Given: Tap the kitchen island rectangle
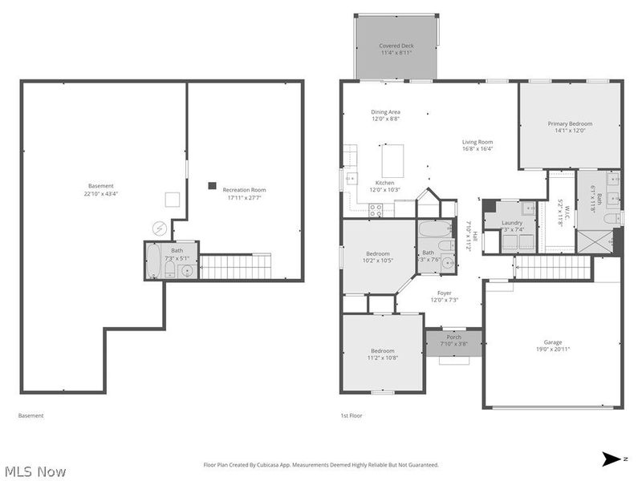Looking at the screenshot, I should tap(392, 160).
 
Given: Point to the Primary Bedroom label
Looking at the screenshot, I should tap(570, 123).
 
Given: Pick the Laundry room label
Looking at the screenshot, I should tap(512, 223).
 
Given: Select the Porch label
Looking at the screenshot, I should tap(453, 338).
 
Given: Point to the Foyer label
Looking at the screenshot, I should tap(444, 293).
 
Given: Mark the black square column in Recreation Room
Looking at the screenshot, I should tap(212, 185).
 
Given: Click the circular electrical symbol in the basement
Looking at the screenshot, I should tap(159, 229).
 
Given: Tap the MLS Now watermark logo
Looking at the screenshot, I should tap(35, 471).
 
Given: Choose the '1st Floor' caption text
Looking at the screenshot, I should tap(350, 416).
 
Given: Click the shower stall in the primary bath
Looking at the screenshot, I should tap(596, 241).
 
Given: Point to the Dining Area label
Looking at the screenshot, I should tap(385, 112).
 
